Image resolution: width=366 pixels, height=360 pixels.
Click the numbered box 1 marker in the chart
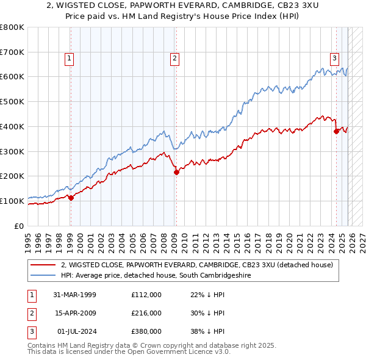(70, 59)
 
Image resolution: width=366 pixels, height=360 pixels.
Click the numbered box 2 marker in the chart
(174, 59)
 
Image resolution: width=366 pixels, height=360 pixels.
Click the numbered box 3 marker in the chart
(335, 59)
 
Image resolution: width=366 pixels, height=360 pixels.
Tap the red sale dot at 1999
(71, 198)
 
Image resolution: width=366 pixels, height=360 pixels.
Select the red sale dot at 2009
(176, 172)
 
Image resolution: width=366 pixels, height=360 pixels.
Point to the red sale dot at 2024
(336, 131)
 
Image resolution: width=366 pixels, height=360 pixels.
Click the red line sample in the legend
(43, 265)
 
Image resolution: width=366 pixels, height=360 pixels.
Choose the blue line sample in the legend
(43, 276)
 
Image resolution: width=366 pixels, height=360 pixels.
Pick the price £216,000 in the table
(146, 313)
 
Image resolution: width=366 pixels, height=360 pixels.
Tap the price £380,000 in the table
(146, 331)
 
